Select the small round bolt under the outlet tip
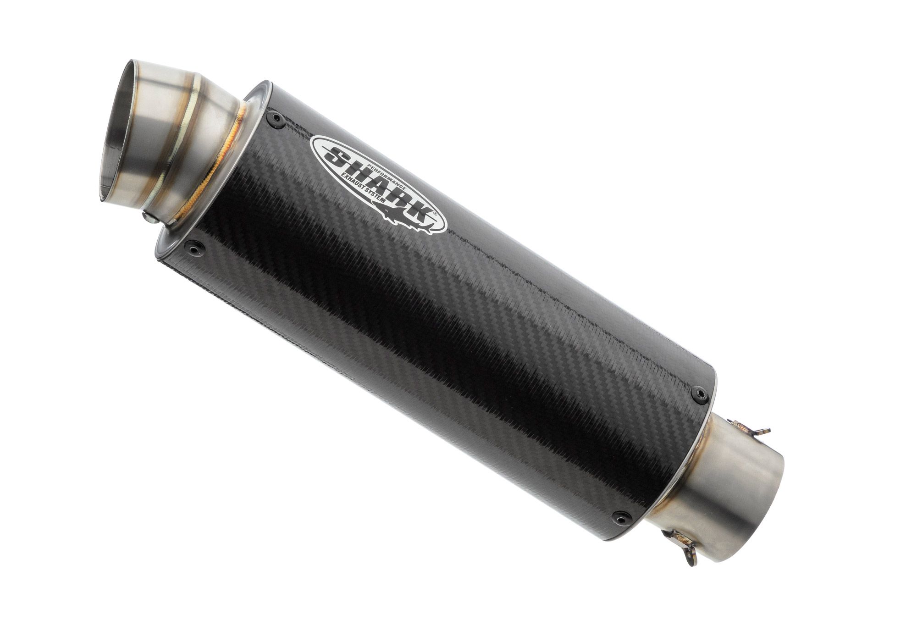point(149,218)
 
